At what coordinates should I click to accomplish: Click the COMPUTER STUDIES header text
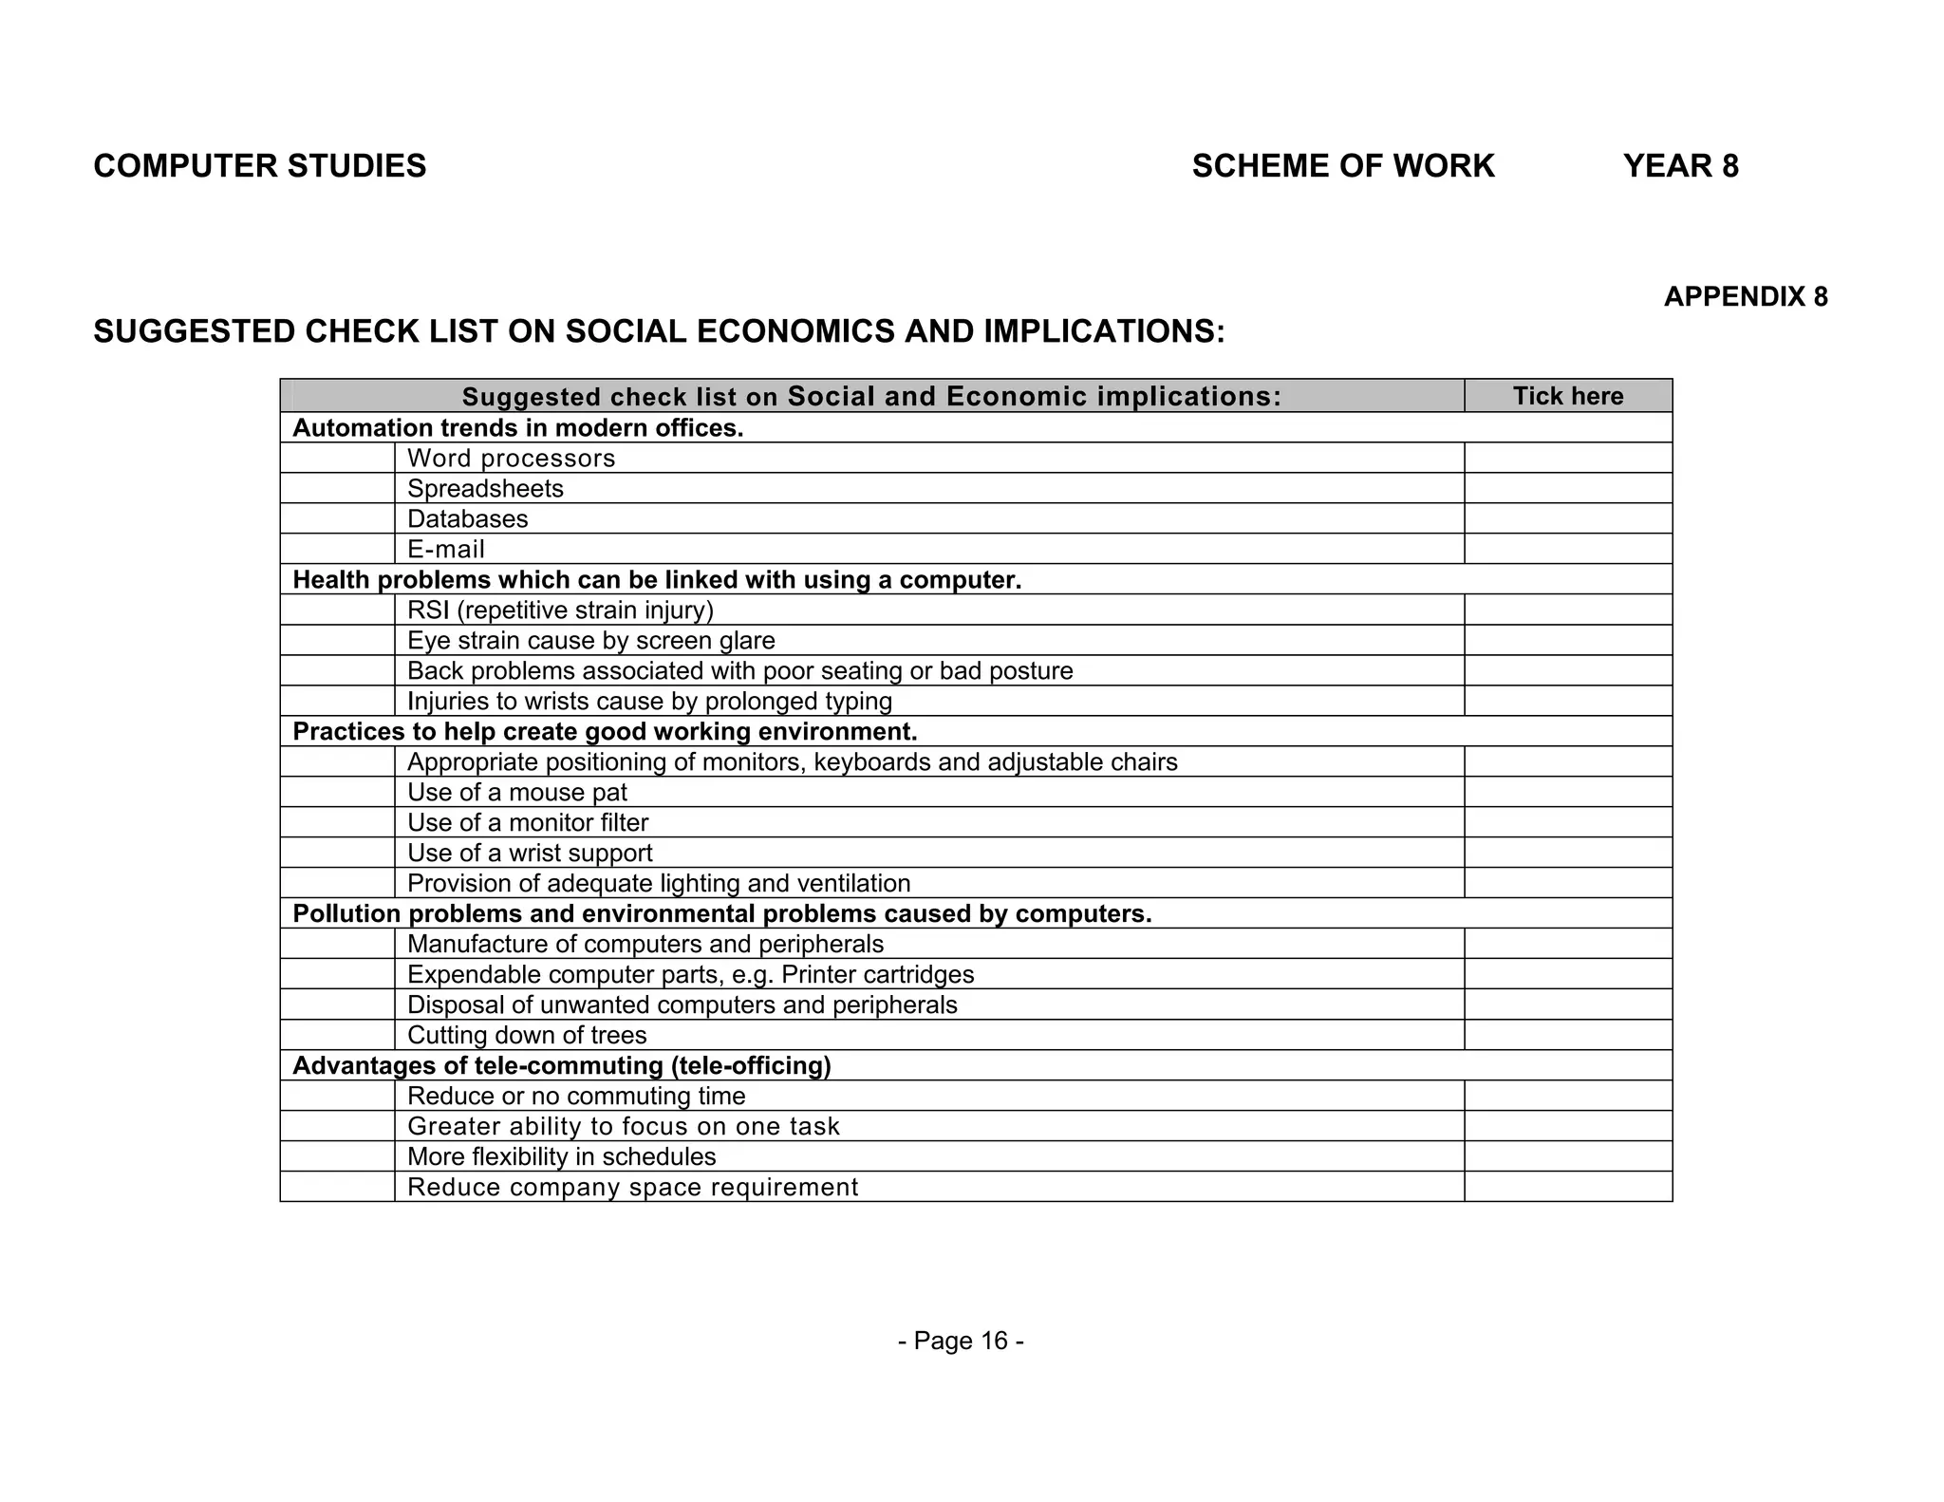tap(259, 166)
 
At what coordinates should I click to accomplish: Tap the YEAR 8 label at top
tap(1680, 166)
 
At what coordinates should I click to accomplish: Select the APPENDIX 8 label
tap(1745, 297)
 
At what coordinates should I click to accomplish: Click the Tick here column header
tap(1567, 396)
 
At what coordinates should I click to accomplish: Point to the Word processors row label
tap(511, 459)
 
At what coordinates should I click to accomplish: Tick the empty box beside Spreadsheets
tap(1567, 489)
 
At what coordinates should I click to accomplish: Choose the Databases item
tap(467, 519)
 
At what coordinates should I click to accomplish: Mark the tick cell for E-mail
tap(1567, 550)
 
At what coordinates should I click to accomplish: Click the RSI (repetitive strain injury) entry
tap(560, 610)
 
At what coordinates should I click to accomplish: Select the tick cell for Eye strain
tap(1567, 641)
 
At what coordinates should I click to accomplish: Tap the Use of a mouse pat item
tap(517, 793)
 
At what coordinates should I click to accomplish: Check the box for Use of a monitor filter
tap(1567, 823)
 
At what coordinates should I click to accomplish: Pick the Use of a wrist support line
tap(530, 854)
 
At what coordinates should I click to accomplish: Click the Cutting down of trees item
tap(527, 1036)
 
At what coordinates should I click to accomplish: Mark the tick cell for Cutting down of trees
tap(1567, 1036)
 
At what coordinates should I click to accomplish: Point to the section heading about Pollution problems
tap(721, 914)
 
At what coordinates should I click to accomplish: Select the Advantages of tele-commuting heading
tap(561, 1066)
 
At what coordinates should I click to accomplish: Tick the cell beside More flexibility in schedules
tap(1567, 1157)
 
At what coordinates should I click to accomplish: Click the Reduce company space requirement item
tap(632, 1188)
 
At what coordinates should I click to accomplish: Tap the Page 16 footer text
tap(961, 1341)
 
